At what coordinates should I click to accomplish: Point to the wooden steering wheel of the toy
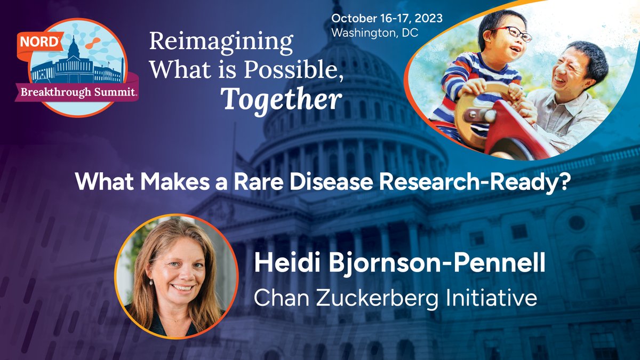coord(479,107)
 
